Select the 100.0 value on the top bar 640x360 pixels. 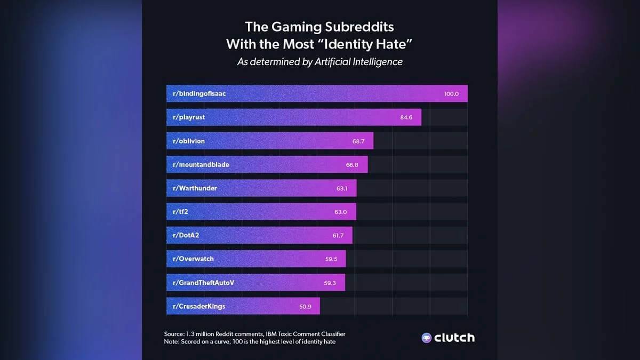[451, 94]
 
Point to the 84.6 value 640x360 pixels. [406, 117]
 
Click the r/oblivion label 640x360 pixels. [189, 141]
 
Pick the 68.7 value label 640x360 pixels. [359, 141]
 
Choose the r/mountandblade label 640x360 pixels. [201, 165]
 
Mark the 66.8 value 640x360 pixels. [352, 165]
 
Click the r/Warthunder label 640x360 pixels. [195, 188]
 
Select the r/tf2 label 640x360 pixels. [180, 212]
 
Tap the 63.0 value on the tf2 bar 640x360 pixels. [341, 212]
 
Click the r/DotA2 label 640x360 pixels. [186, 235]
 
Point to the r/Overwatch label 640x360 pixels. [193, 259]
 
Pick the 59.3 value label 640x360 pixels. [330, 283]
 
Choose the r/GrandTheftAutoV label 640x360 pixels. [204, 282]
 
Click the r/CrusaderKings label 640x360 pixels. [199, 306]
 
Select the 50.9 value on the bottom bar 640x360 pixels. [305, 306]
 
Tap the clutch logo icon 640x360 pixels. [427, 338]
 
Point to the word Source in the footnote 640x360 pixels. [174, 334]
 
